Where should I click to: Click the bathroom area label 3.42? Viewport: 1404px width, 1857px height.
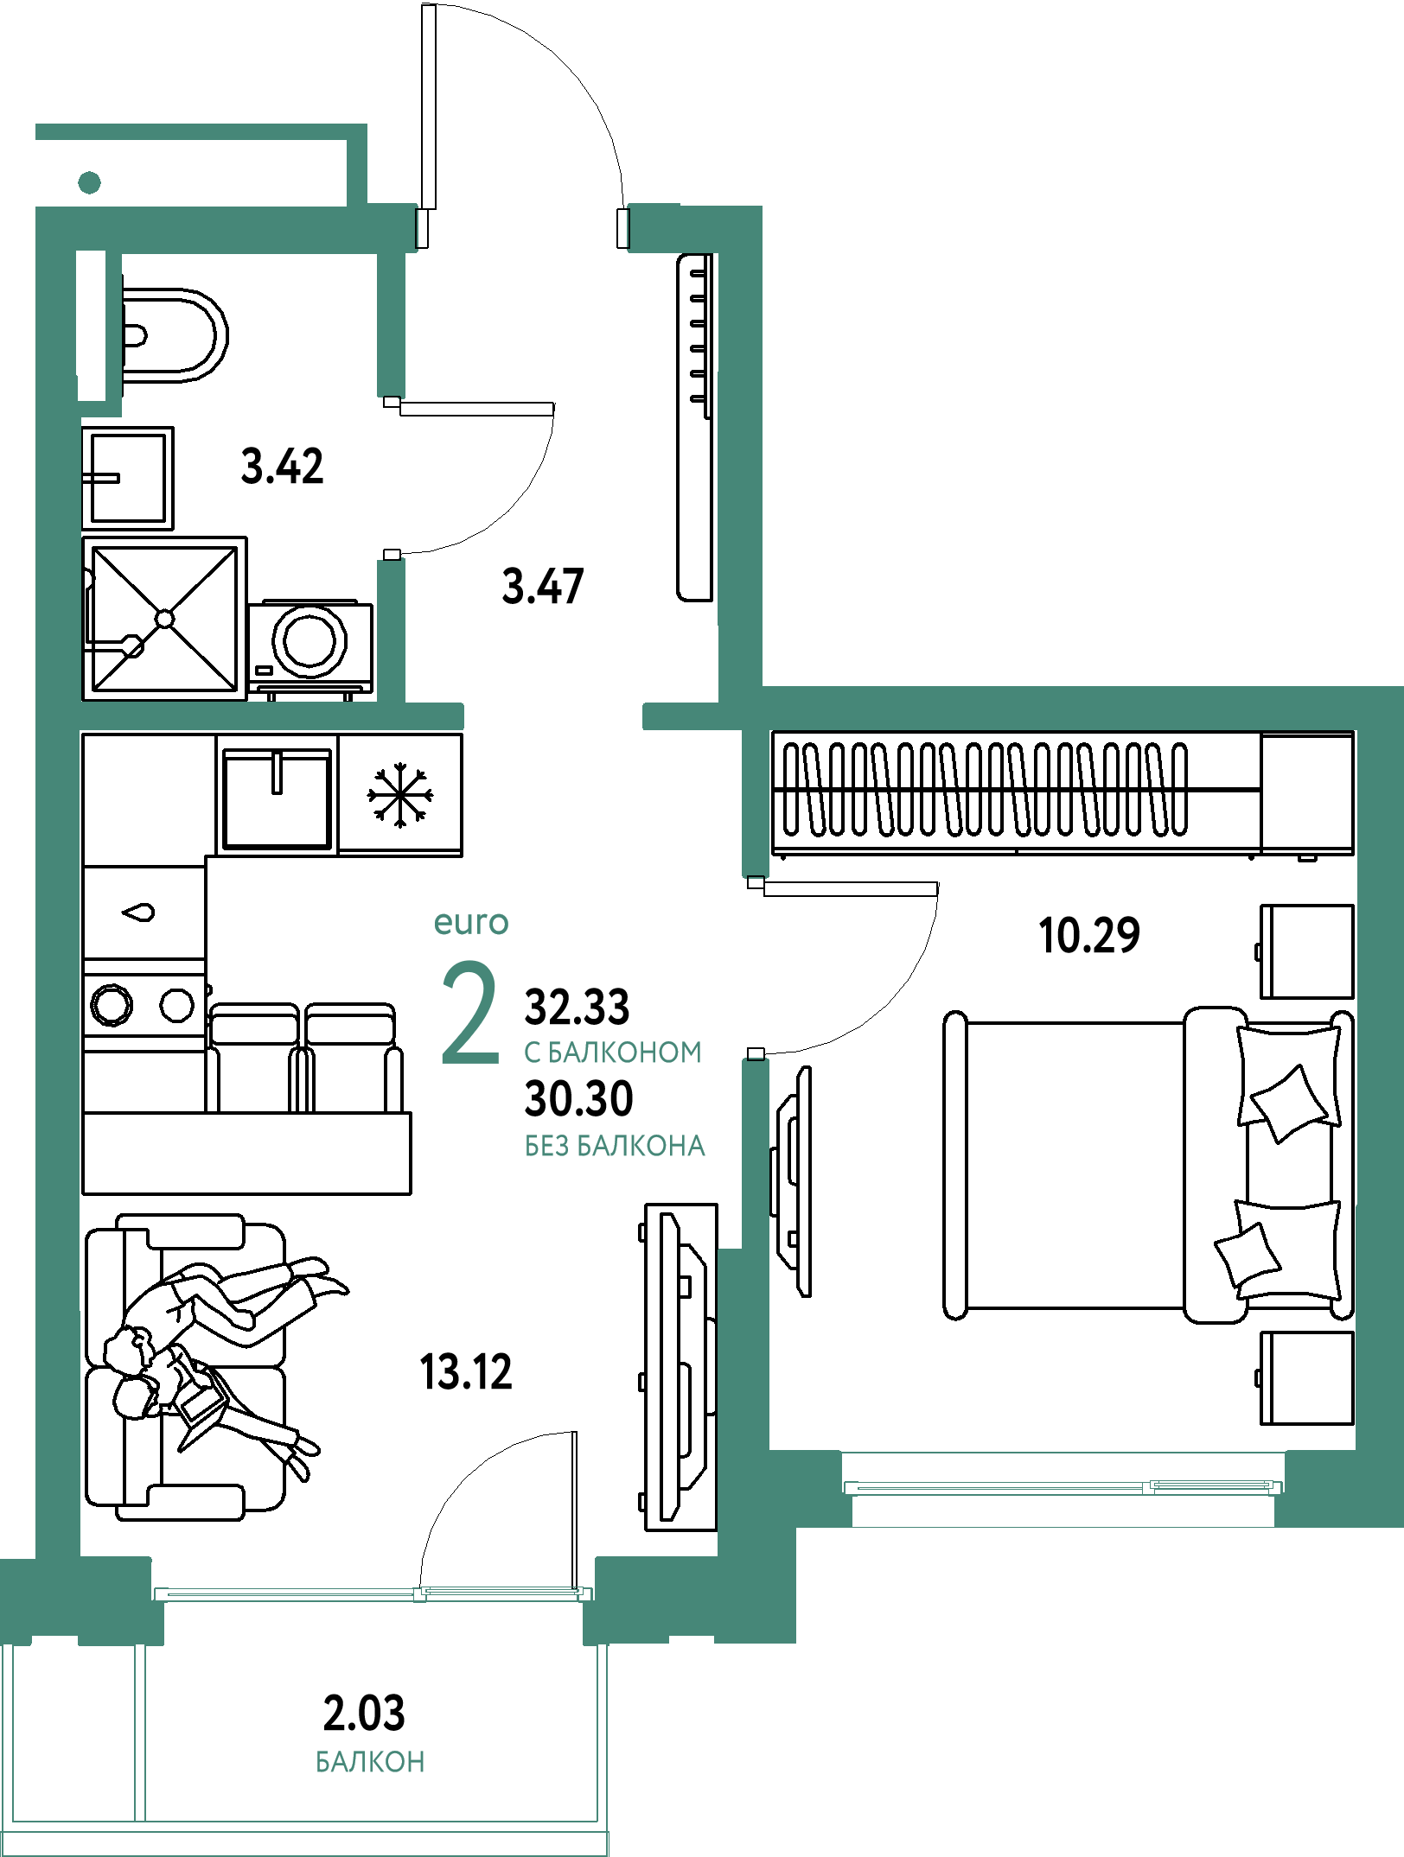[282, 467]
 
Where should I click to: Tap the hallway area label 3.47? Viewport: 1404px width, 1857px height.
[543, 586]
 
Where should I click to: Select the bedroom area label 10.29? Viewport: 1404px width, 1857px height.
[1089, 936]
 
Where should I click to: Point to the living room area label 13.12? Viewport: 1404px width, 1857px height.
[466, 1372]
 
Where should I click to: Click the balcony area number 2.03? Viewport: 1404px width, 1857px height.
[364, 1714]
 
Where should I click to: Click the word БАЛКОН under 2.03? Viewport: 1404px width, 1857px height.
[370, 1762]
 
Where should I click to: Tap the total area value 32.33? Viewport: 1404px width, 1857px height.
[578, 1008]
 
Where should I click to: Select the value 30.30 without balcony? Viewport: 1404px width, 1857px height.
[579, 1099]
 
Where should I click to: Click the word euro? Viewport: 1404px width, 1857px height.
[471, 922]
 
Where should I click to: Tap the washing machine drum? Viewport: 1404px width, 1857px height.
[309, 641]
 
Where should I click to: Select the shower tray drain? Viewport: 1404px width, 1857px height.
[164, 619]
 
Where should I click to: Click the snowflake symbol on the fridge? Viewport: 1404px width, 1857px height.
[399, 795]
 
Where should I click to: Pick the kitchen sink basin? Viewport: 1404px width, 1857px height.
[277, 799]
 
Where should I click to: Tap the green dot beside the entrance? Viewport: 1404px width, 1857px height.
[89, 182]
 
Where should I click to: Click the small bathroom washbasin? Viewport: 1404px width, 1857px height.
[128, 478]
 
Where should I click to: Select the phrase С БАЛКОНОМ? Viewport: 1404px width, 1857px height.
[613, 1053]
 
